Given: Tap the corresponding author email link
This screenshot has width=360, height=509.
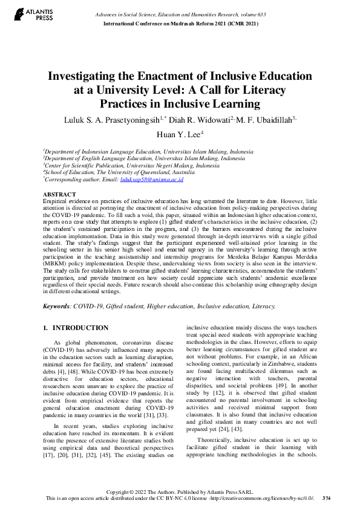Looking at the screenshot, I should point(152,180).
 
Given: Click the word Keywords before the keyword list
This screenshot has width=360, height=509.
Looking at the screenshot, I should point(56,306).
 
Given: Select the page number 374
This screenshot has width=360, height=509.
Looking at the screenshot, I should point(327,498).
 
